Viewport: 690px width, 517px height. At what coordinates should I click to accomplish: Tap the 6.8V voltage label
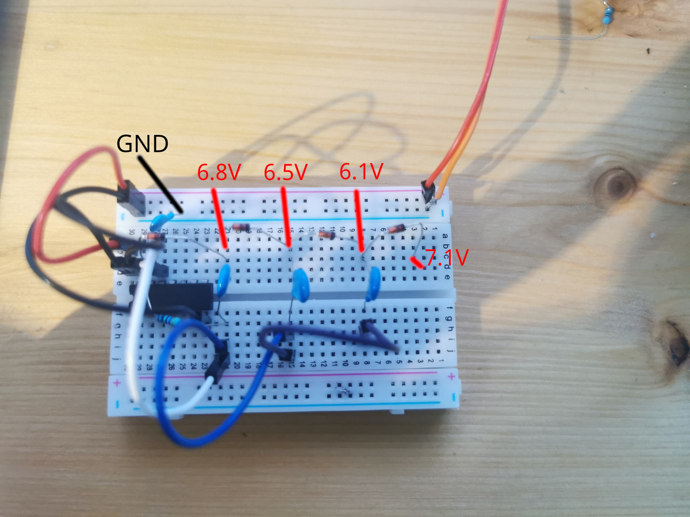click(218, 172)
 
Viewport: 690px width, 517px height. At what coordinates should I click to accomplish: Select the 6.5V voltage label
click(286, 172)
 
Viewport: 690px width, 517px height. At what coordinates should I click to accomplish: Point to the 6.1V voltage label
click(361, 171)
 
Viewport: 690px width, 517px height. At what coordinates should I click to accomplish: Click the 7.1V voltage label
click(443, 258)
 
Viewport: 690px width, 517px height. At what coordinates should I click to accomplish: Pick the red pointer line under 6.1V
click(359, 221)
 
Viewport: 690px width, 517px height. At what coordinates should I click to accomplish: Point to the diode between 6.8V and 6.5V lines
click(241, 227)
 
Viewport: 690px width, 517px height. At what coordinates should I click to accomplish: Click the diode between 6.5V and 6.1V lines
click(327, 234)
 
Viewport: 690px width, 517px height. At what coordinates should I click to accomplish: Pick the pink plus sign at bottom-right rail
click(451, 376)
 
